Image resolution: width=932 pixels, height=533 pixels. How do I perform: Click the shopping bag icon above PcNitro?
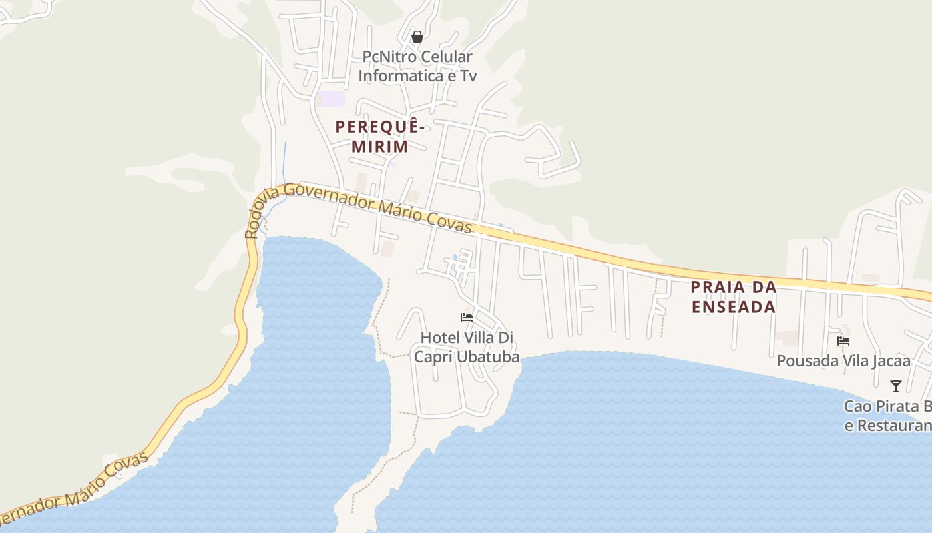tap(417, 37)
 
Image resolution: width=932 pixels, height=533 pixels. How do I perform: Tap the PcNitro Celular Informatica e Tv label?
tap(417, 66)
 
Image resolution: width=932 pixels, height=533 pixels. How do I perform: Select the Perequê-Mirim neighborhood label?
tap(380, 136)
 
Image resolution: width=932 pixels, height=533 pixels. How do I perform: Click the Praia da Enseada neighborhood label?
tap(734, 297)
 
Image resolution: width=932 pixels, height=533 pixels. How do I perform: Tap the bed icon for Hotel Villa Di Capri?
tap(467, 317)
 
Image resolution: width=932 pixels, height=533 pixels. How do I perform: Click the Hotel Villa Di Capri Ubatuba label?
tap(467, 347)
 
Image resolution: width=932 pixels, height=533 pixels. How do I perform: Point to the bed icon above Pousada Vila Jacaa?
tap(843, 340)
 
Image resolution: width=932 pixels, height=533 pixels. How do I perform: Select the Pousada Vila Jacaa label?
tap(843, 361)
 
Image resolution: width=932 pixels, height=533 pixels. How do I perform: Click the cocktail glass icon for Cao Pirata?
tap(896, 386)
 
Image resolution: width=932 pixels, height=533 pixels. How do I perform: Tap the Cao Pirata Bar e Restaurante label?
tap(888, 416)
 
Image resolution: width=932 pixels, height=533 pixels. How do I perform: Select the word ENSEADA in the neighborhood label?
tap(734, 306)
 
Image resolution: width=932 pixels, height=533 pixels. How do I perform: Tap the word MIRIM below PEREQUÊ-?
tap(380, 146)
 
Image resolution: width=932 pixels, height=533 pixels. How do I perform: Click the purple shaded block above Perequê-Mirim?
tap(331, 99)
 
